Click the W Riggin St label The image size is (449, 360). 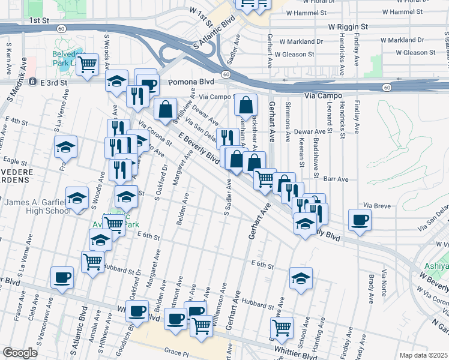[348, 27]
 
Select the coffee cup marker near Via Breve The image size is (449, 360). [360, 220]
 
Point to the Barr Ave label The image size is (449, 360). [336, 179]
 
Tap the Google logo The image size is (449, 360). [20, 353]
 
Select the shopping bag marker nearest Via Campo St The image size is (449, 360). [246, 106]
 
